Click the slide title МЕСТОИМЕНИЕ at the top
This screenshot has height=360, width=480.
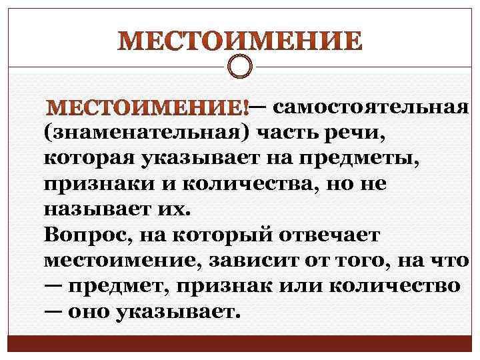coord(240,41)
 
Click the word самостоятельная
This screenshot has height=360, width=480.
coord(372,107)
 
